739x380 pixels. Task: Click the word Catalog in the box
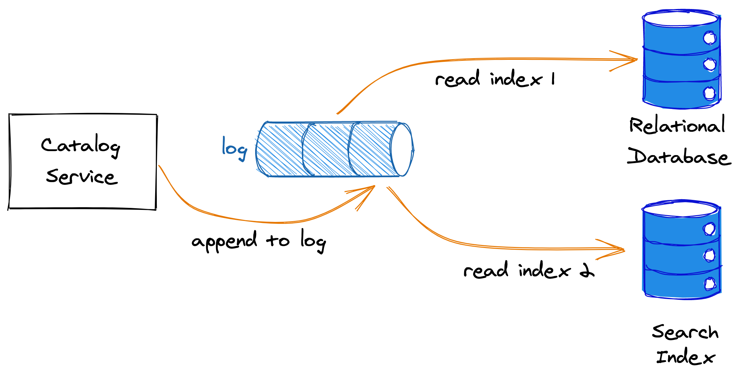[x=80, y=146]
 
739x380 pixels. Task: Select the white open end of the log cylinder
[x=402, y=150]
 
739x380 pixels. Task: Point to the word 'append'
[x=224, y=241]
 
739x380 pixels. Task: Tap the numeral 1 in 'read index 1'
[x=553, y=79]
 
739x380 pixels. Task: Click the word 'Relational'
[x=677, y=125]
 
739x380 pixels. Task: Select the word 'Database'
[x=679, y=156]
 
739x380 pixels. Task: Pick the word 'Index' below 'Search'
[x=685, y=357]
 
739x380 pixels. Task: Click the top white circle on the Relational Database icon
[x=709, y=38]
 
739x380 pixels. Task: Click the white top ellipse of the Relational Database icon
[x=680, y=19]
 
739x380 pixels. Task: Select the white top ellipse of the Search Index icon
[x=680, y=209]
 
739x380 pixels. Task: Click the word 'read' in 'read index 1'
[x=457, y=79]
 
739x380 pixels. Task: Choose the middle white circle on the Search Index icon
[x=709, y=256]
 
